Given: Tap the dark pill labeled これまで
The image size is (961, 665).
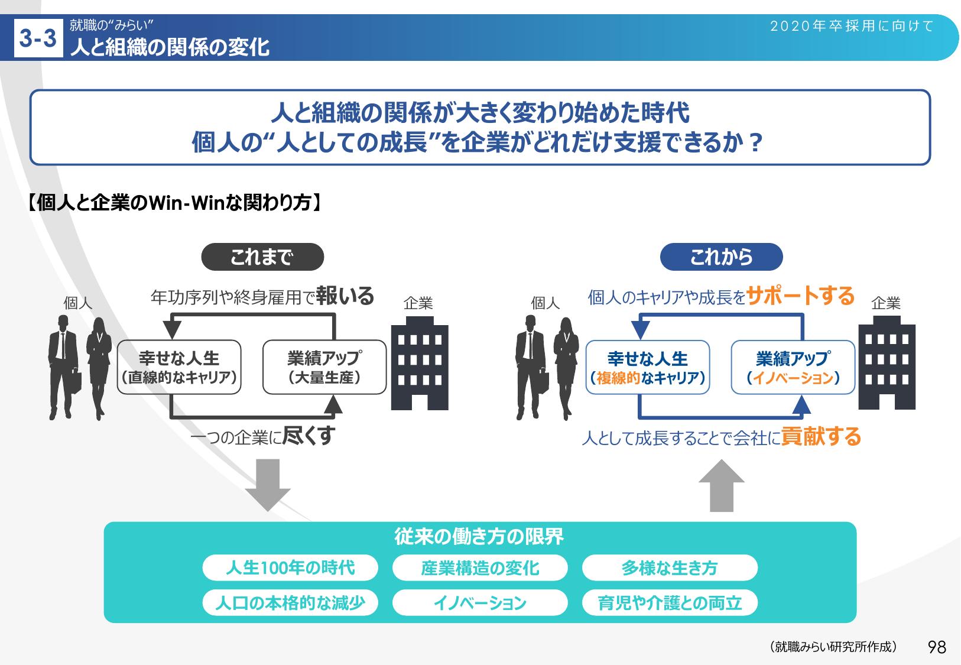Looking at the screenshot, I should coord(262,257).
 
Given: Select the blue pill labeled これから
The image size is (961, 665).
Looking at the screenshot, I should coord(721,257).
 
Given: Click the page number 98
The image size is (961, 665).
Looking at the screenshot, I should coord(937,647).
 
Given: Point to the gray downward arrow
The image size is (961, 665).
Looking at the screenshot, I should coord(268,485).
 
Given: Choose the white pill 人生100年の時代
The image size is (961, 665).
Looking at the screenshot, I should coord(290,568).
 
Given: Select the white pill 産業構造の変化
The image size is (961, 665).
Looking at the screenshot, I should coord(480,568).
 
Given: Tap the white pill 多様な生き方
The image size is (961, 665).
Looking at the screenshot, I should coord(669,568).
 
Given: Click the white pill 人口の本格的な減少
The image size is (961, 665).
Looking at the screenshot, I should coord(290,603).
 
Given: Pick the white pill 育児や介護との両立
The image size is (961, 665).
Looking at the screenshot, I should coord(669,603).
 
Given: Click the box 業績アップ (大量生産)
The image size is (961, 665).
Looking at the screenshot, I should coord(324,367).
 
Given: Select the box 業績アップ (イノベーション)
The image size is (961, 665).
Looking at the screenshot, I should coord(793,368).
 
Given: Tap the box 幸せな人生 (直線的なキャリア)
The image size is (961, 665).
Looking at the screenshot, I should coord(179,367).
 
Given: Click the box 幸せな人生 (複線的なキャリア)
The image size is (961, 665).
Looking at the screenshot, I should coord(648,368).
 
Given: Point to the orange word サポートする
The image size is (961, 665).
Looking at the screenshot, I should coord(801,296).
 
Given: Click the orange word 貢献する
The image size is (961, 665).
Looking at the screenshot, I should coord(821,437).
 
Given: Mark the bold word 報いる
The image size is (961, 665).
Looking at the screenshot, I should coord(345,296).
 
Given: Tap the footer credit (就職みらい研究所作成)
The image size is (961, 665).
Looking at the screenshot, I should coord(833,647).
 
